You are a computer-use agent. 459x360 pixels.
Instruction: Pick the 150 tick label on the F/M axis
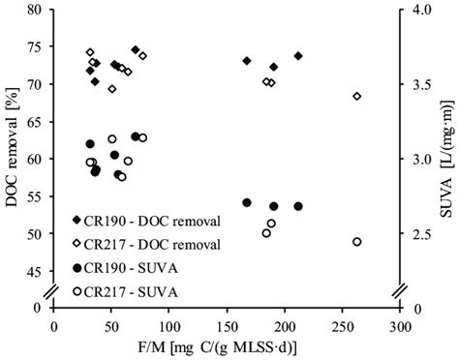point(227,327)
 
